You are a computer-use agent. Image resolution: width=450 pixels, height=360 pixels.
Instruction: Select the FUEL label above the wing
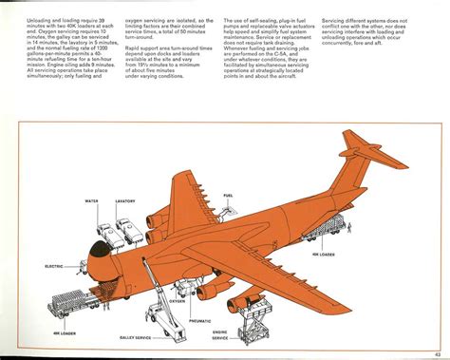(x=228, y=196)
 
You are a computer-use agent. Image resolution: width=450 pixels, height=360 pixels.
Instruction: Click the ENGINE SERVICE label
(x=220, y=337)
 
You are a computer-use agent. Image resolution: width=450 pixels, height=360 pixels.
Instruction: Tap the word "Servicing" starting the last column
(x=336, y=20)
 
